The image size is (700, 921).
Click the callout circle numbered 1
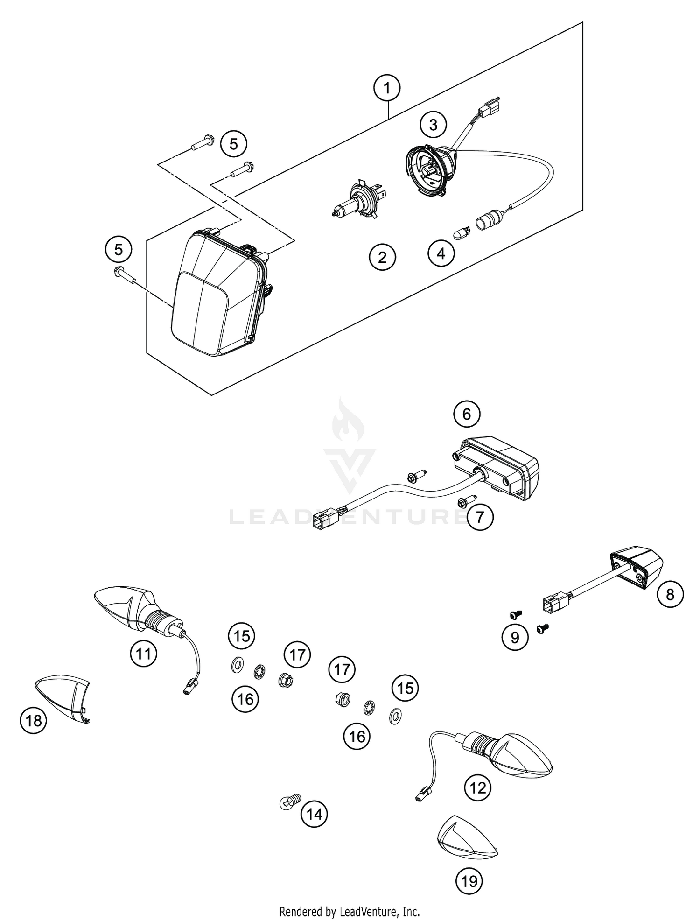pyautogui.click(x=387, y=87)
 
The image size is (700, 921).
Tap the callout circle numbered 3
pyautogui.click(x=433, y=125)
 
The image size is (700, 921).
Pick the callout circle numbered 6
pyautogui.click(x=467, y=414)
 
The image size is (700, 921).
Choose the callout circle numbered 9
pyautogui.click(x=515, y=637)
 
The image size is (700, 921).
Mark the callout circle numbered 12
pyautogui.click(x=478, y=788)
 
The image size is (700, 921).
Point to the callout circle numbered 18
pyautogui.click(x=34, y=721)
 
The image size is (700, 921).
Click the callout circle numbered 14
pyautogui.click(x=315, y=814)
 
